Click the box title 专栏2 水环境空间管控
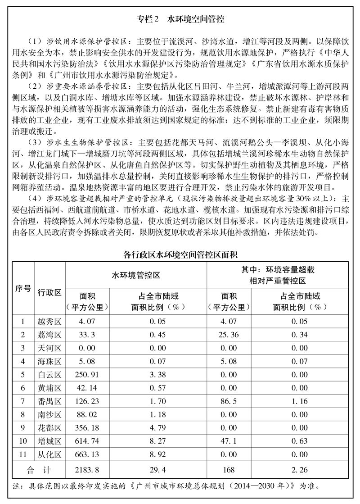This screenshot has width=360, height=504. point(180,20)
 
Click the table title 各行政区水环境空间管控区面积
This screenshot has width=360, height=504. point(180,254)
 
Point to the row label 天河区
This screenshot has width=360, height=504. point(49,348)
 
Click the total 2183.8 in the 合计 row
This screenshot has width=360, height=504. point(88,470)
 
